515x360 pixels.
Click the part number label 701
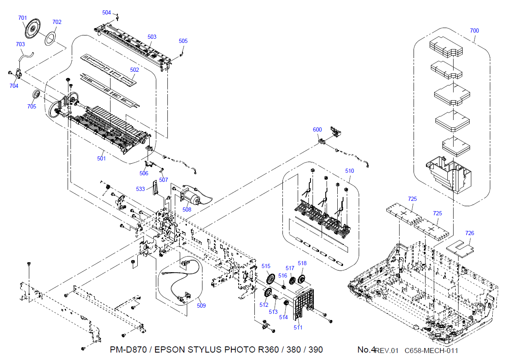tap(22, 18)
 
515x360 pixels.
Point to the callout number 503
tap(152, 37)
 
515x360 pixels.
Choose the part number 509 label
tap(201, 306)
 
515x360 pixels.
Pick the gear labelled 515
tap(270, 279)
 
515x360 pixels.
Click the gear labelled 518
tap(301, 280)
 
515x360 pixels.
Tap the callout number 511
tap(298, 327)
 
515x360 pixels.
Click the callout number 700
tap(474, 31)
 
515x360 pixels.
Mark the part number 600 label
tap(317, 129)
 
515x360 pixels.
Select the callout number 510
tap(349, 171)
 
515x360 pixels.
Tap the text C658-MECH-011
tap(431, 351)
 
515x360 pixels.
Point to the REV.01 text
tap(387, 351)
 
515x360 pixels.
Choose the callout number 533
tap(140, 189)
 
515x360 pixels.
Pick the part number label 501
tap(101, 158)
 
